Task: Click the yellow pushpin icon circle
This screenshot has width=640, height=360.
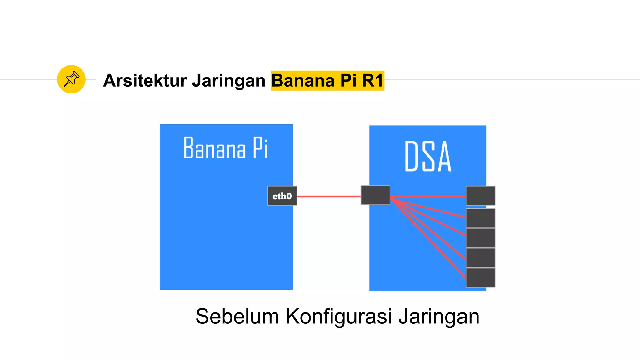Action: pyautogui.click(x=71, y=79)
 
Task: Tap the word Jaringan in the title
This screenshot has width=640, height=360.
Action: pyautogui.click(x=228, y=81)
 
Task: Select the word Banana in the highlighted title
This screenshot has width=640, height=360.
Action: pyautogui.click(x=303, y=81)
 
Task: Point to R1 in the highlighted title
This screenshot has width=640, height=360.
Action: pyautogui.click(x=372, y=81)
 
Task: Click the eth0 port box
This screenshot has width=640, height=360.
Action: pyautogui.click(x=282, y=196)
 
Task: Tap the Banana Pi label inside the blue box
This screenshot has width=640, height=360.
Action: pyautogui.click(x=226, y=148)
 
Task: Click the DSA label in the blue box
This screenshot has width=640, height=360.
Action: pyautogui.click(x=428, y=156)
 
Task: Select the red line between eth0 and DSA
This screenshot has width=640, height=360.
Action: pyautogui.click(x=329, y=197)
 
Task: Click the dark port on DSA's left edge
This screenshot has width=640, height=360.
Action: pyautogui.click(x=375, y=195)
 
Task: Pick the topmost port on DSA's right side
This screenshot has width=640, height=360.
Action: pyautogui.click(x=480, y=196)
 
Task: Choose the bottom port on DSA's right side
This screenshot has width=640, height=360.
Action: pyautogui.click(x=480, y=278)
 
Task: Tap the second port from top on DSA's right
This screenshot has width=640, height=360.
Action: pyautogui.click(x=480, y=218)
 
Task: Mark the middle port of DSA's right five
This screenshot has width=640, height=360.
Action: pyautogui.click(x=480, y=238)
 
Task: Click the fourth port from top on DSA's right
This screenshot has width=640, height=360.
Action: pyautogui.click(x=480, y=258)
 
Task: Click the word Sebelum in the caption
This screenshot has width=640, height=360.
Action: pyautogui.click(x=237, y=317)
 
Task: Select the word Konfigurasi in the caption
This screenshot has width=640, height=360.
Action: pyautogui.click(x=338, y=317)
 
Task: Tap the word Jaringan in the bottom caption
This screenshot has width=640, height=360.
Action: pyautogui.click(x=439, y=317)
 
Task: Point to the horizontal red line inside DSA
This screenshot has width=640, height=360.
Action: pyautogui.click(x=428, y=197)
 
